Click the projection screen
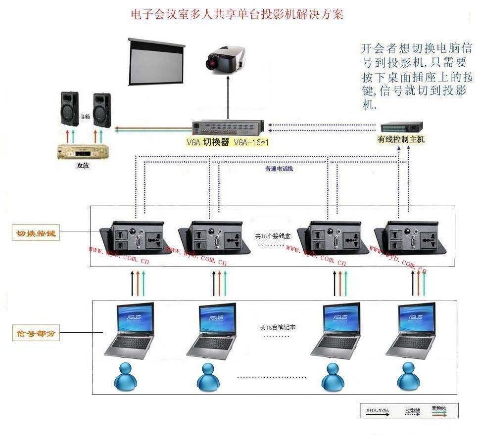click(x=156, y=62)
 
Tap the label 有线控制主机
click(x=401, y=140)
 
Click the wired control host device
click(x=402, y=127)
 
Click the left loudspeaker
click(x=70, y=108)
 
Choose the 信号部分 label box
click(x=36, y=334)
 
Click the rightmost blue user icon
click(x=408, y=375)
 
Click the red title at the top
click(x=237, y=14)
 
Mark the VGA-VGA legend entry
click(x=378, y=411)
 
